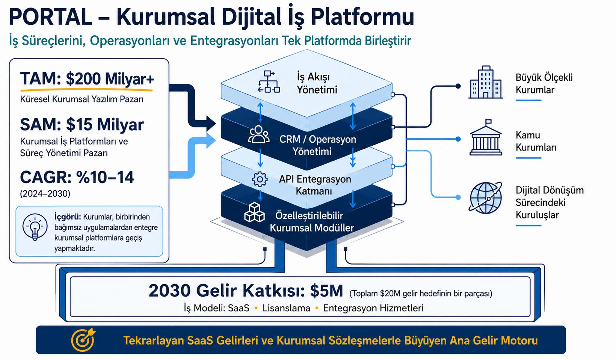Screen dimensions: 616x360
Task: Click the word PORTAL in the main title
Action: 51,17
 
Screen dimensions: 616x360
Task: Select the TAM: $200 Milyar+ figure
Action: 87,79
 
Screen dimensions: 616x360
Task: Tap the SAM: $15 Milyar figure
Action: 82,125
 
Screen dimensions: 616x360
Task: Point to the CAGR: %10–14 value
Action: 77,177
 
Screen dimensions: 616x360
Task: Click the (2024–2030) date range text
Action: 45,194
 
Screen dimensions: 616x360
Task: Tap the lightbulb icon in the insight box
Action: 35,227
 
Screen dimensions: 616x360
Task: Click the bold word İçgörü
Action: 67,217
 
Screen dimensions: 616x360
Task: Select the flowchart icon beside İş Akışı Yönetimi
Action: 269,81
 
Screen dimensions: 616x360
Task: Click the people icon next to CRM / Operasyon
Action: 259,134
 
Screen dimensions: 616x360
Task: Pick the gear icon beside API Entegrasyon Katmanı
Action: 260,179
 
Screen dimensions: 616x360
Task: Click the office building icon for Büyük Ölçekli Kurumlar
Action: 486,82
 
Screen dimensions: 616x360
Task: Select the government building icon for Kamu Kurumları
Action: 486,137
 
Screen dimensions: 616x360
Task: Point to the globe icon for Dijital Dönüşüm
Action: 486,198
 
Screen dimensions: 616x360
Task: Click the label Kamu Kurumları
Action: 536,141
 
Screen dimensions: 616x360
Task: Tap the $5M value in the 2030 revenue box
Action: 326,291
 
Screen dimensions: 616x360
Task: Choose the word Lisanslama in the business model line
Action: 286,308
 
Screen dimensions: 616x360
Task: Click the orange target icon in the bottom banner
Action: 83,340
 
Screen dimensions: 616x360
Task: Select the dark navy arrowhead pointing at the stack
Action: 211,124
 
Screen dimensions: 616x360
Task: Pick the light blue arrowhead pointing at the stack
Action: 211,141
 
